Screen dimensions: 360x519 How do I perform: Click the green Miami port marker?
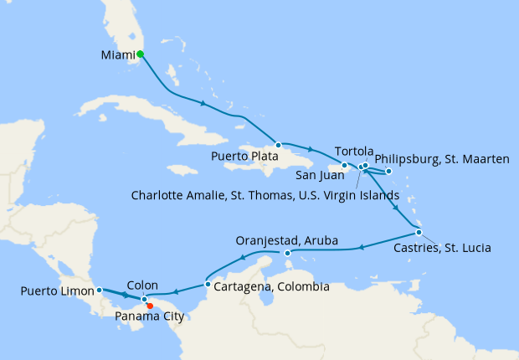(141, 54)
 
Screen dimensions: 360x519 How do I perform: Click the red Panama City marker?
(150, 306)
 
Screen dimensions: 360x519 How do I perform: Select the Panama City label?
(150, 316)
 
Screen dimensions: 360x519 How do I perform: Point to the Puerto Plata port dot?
(278, 145)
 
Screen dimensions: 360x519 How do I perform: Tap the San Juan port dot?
(345, 165)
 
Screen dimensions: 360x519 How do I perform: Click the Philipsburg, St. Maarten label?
(441, 158)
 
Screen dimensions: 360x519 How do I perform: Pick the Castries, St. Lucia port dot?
(419, 232)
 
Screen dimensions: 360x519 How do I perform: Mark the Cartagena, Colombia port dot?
(208, 273)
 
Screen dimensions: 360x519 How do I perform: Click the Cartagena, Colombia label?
(271, 286)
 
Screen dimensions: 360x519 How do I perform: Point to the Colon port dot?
(144, 299)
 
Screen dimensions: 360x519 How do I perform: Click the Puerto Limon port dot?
(99, 290)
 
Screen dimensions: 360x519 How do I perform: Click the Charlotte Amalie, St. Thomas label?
(265, 195)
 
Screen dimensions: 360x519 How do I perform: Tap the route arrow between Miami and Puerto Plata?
(203, 104)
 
